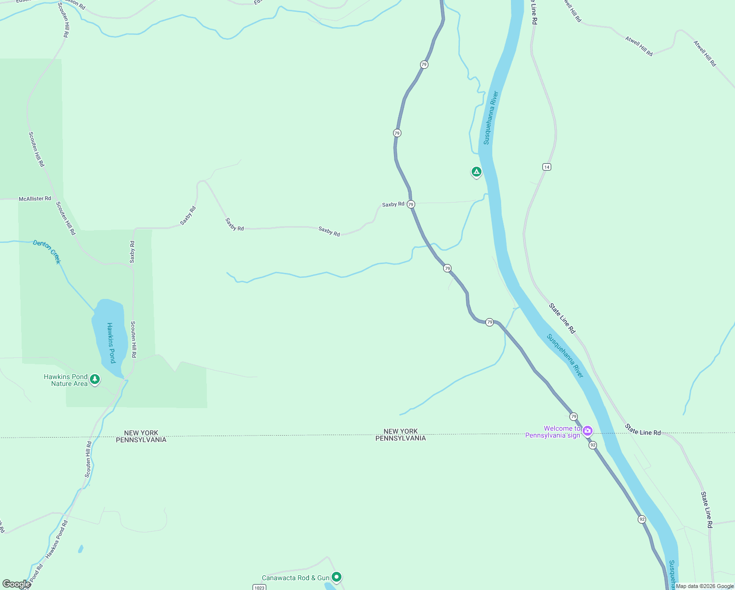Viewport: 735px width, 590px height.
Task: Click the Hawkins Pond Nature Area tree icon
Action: (95, 380)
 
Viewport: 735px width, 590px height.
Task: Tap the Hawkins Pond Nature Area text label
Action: (66, 380)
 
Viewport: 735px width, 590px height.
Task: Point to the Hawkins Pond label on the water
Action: (111, 343)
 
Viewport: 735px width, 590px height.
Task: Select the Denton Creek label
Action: (47, 251)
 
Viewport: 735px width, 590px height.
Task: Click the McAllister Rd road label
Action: (35, 199)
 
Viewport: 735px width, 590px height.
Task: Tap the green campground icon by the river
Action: (476, 172)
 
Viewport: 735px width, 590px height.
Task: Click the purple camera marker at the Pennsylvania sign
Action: (587, 431)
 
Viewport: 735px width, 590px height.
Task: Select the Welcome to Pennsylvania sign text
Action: (553, 432)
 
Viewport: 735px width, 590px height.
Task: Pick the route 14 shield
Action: (547, 167)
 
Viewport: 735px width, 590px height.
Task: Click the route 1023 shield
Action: (259, 588)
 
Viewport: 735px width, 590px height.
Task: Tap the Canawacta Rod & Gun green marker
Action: (337, 577)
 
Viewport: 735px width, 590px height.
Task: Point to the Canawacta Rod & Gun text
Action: (295, 578)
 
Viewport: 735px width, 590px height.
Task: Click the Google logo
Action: (16, 584)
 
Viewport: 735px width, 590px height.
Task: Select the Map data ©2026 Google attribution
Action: (705, 586)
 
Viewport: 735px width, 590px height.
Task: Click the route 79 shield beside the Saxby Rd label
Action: (411, 204)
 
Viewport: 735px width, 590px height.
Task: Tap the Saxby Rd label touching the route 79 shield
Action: (393, 204)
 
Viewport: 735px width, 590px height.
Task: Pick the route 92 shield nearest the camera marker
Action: (593, 445)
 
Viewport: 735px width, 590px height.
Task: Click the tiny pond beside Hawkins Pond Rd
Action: (81, 549)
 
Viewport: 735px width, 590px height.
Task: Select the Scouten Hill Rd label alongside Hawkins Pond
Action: (133, 339)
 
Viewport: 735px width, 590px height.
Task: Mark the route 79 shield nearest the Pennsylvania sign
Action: (574, 416)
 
